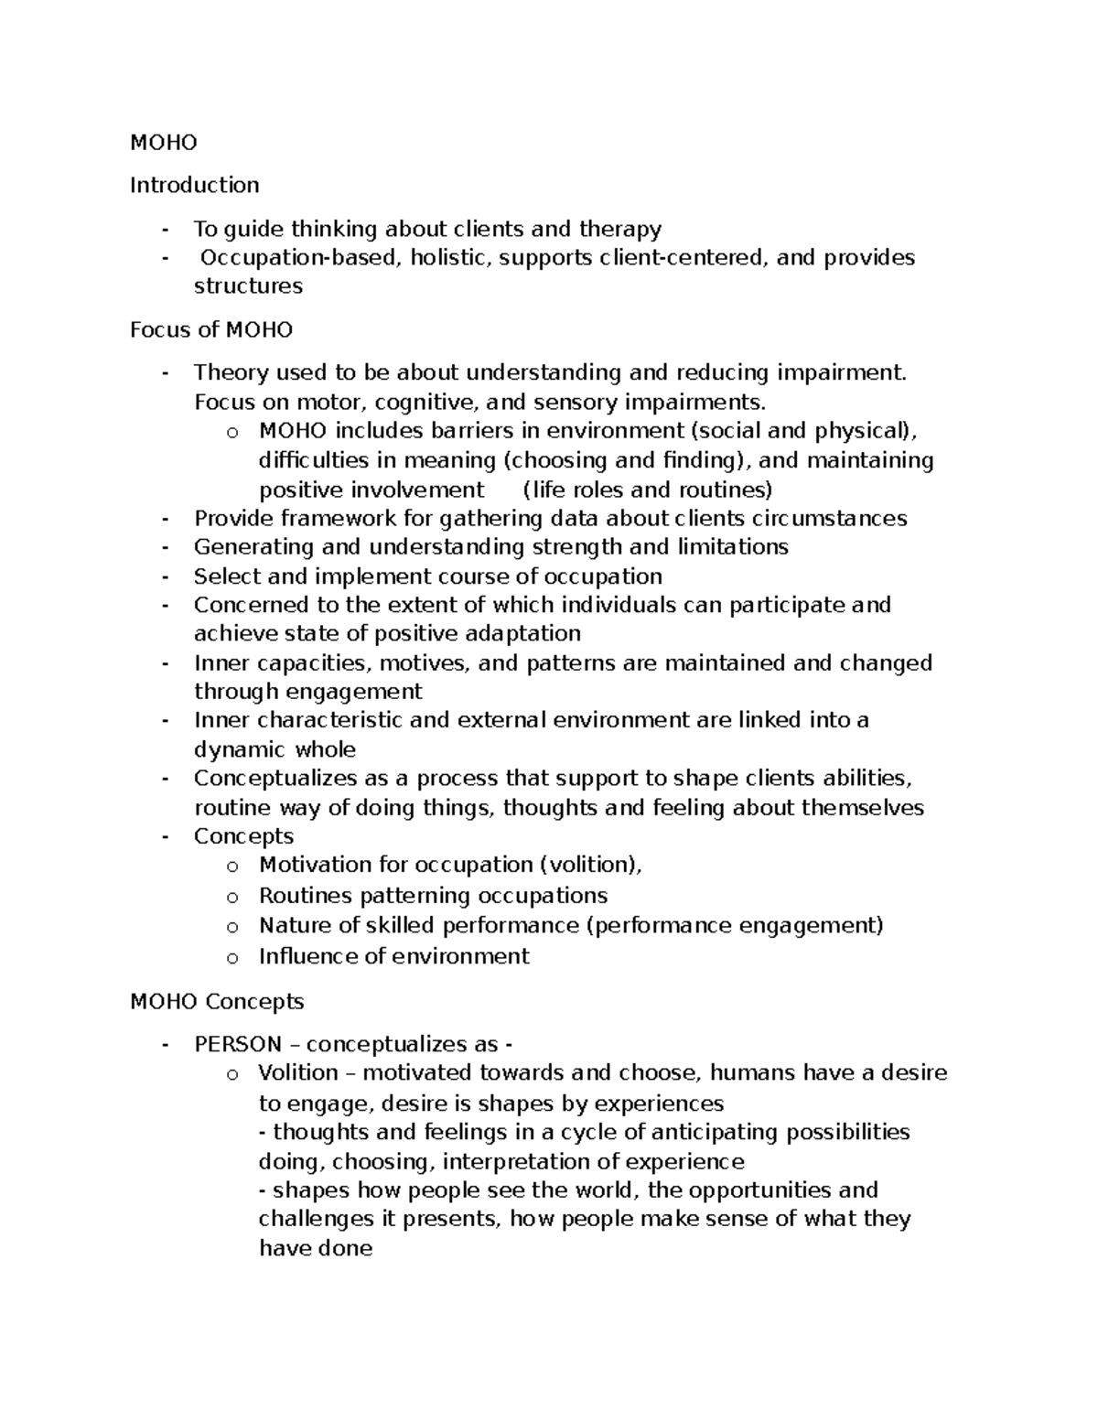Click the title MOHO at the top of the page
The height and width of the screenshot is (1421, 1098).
click(x=163, y=142)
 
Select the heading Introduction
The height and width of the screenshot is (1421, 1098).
click(x=194, y=185)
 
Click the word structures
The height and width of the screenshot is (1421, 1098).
click(x=248, y=285)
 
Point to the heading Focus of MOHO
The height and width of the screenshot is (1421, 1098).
click(x=210, y=329)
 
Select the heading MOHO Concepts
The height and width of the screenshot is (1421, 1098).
click(x=217, y=1001)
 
